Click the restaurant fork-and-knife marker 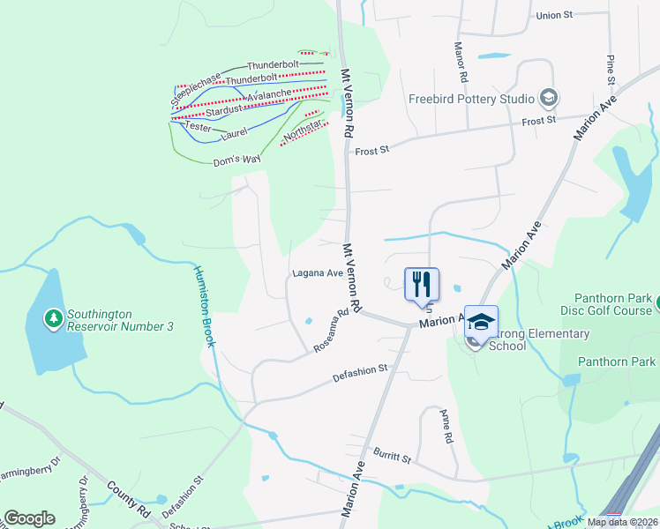pyautogui.click(x=421, y=284)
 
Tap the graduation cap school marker pyautogui.click(x=481, y=323)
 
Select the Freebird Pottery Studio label pyautogui.click(x=471, y=99)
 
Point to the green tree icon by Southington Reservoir pyautogui.click(x=54, y=316)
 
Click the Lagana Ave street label pyautogui.click(x=318, y=273)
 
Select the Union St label pyautogui.click(x=554, y=15)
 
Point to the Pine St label pyautogui.click(x=610, y=70)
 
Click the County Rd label pyautogui.click(x=130, y=498)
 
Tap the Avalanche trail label pyautogui.click(x=269, y=94)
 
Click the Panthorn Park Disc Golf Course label pyautogui.click(x=608, y=304)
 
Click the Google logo pyautogui.click(x=29, y=518)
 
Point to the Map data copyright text pyautogui.click(x=622, y=522)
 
